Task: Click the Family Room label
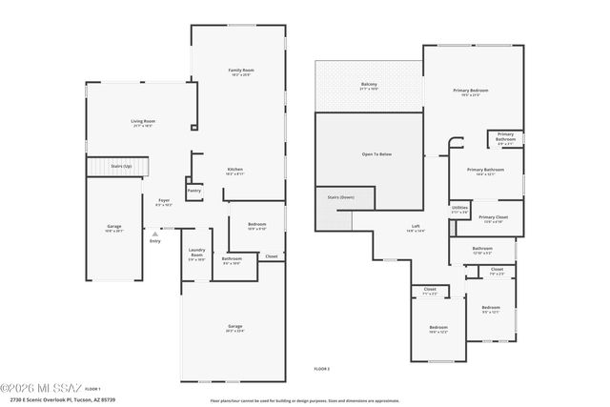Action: click(x=240, y=70)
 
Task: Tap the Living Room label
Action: click(x=143, y=121)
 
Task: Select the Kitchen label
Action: click(x=234, y=170)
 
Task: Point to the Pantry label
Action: click(x=193, y=190)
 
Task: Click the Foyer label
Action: click(x=164, y=200)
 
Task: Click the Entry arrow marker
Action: click(x=153, y=233)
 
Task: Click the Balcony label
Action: click(x=369, y=84)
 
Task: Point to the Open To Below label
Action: click(x=376, y=153)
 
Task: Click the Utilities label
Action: click(x=459, y=207)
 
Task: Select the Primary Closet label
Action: click(x=493, y=216)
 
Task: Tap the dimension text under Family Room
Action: click(x=240, y=74)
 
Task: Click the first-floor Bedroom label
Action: click(x=256, y=223)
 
